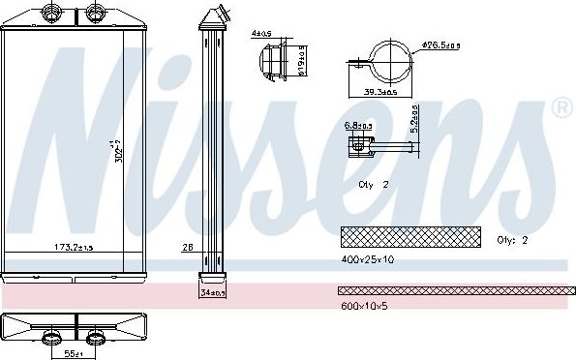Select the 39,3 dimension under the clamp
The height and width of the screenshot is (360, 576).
click(380, 92)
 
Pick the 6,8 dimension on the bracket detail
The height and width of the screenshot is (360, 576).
click(356, 124)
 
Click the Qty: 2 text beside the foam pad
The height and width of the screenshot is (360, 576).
click(512, 240)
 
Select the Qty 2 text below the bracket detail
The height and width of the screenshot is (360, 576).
click(371, 182)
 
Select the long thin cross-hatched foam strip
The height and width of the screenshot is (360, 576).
click(454, 290)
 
